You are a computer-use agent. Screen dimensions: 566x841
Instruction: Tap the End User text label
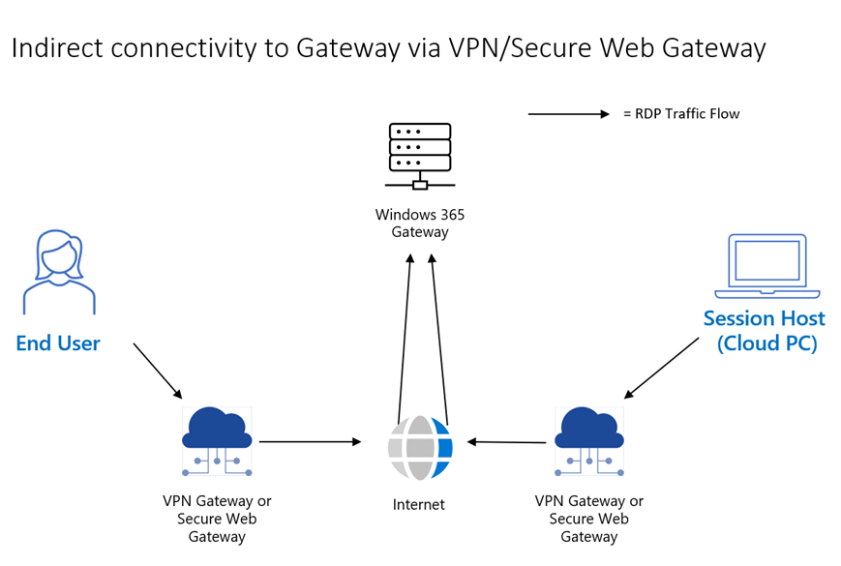click(58, 343)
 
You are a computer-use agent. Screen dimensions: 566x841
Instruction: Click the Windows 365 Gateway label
click(420, 223)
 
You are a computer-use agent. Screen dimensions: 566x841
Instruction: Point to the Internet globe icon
click(420, 448)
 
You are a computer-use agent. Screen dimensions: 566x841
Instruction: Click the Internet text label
click(419, 504)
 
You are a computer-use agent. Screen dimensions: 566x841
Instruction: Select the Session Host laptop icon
click(766, 266)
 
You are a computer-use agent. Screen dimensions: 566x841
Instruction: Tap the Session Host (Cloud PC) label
click(765, 330)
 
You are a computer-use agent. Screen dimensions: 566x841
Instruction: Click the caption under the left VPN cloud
click(217, 519)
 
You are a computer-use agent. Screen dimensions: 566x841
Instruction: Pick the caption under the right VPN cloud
click(589, 519)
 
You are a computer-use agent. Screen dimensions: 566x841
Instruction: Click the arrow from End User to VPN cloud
click(157, 370)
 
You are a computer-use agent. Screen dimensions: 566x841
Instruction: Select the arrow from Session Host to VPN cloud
click(662, 368)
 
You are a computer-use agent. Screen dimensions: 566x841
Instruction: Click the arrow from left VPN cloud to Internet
click(310, 442)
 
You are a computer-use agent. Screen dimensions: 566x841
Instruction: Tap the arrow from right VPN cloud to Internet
click(507, 442)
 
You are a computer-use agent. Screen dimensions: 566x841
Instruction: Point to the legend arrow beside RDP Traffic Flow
click(570, 114)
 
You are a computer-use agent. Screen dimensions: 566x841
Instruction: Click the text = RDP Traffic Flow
click(681, 114)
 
